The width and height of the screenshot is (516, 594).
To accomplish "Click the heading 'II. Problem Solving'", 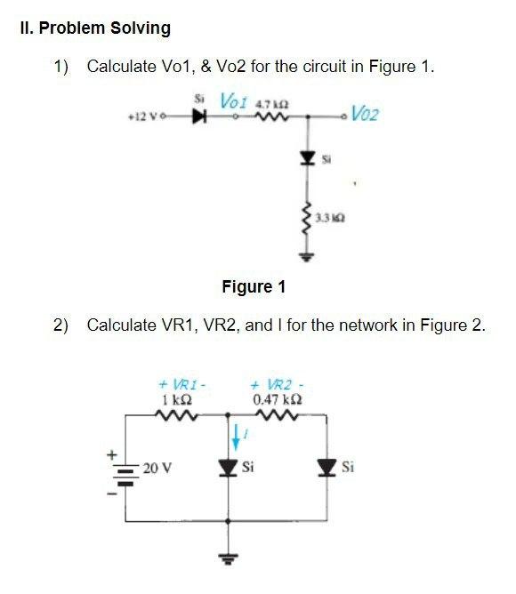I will pyautogui.click(x=94, y=28).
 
